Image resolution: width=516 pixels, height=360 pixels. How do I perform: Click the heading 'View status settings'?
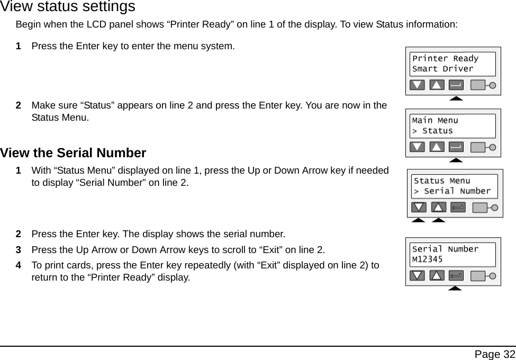[68, 7]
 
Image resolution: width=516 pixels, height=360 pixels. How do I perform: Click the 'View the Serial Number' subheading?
[73, 153]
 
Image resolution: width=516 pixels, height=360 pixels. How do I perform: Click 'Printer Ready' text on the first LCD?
[445, 59]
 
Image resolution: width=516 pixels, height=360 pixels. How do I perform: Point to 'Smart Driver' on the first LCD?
[443, 69]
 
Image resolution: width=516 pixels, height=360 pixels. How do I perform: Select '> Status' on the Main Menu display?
[432, 131]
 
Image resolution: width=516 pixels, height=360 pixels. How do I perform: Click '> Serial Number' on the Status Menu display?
[452, 191]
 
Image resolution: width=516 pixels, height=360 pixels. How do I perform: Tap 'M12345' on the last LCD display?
[428, 259]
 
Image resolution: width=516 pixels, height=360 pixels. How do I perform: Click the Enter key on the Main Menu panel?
[456, 147]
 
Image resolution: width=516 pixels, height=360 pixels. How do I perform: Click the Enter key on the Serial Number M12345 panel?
[456, 275]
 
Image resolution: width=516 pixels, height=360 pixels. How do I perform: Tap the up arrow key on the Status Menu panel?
[439, 207]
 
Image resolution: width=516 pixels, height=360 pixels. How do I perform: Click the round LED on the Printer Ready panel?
[492, 85]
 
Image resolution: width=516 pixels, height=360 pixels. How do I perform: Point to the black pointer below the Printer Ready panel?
[456, 98]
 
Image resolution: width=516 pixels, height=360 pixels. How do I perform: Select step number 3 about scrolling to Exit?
[19, 249]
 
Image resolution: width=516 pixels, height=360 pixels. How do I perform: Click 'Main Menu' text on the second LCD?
[435, 121]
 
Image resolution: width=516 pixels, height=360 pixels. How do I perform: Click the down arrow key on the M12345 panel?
[418, 275]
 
